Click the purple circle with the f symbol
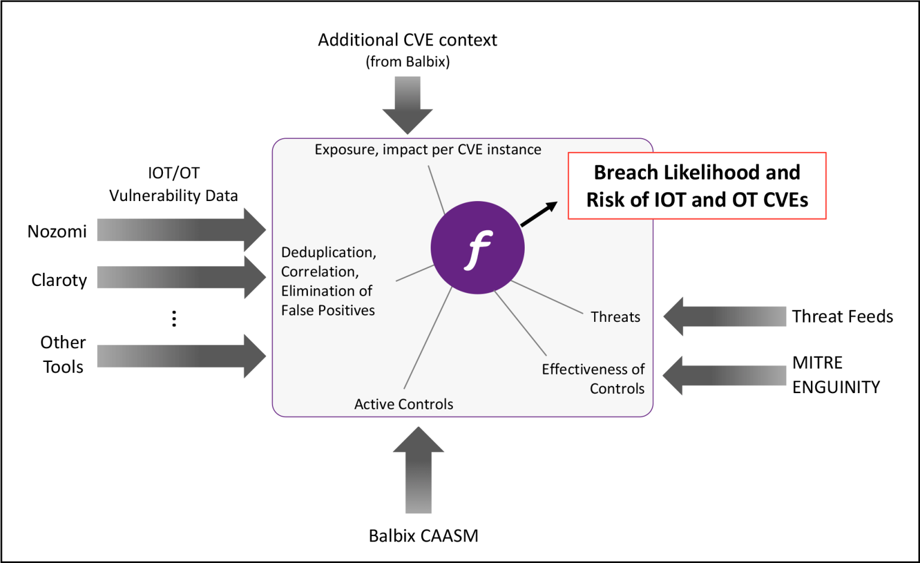pos(477,248)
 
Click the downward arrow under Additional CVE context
pos(407,105)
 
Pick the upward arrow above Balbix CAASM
pos(418,470)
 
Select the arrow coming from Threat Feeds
pos(725,316)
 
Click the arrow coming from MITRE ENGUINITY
pos(725,375)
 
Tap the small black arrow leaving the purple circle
pos(538,214)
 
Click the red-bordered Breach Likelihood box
pos(697,186)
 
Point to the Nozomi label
pos(57,232)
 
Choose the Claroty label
pos(59,280)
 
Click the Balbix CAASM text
pos(423,535)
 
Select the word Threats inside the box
pos(615,317)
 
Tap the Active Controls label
pos(403,404)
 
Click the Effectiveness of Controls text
pos(593,379)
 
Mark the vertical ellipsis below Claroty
pos(174,318)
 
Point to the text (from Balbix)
pos(407,62)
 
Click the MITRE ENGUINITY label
pos(836,375)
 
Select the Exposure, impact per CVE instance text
pos(428,150)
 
